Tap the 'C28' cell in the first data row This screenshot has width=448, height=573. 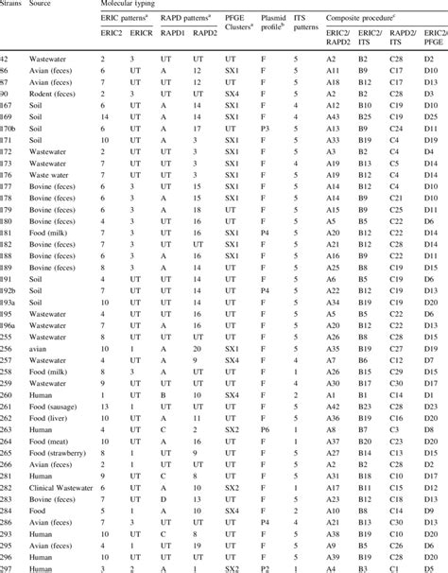(x=400, y=59)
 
